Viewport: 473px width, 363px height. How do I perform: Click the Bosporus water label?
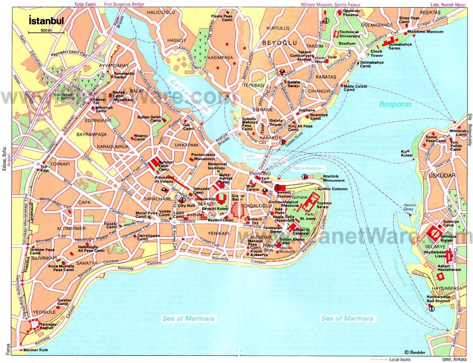(395, 105)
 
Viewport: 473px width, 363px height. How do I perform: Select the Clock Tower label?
(376, 54)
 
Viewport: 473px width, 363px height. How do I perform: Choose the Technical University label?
(349, 34)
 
